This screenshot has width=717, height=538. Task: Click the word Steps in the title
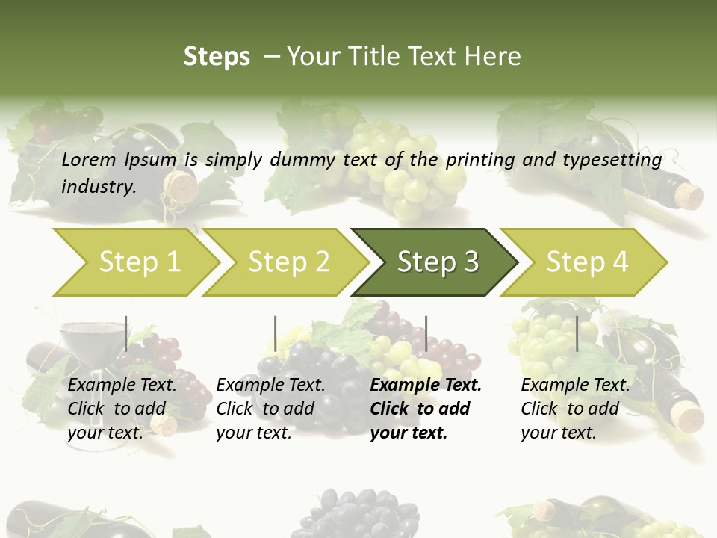pos(217,57)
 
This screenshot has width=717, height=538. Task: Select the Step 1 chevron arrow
pos(139,262)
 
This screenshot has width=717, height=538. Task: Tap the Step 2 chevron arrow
pos(288,262)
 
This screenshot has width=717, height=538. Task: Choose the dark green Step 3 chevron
pos(437,262)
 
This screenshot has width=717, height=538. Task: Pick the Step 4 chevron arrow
pos(586,262)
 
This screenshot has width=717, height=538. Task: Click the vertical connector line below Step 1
pos(126,333)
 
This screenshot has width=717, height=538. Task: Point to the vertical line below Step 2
pos(276,333)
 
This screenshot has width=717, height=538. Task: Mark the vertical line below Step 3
pos(426,333)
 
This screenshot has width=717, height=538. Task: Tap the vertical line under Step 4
pos(577,333)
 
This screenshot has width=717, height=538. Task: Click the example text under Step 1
pos(122,409)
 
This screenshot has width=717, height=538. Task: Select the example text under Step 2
pos(270,409)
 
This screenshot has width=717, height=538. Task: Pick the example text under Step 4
pos(575,409)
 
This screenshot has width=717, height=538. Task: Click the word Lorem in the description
pos(89,160)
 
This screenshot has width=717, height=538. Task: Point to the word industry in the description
pos(99,187)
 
